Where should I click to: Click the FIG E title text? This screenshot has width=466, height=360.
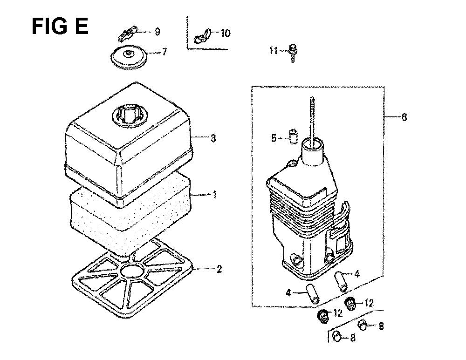(60, 26)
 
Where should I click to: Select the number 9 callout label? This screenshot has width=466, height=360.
(158, 31)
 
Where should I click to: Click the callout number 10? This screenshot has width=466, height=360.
(226, 33)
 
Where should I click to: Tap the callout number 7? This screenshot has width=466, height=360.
(164, 52)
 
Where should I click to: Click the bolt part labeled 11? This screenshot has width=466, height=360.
(293, 53)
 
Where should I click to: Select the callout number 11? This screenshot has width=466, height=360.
(274, 51)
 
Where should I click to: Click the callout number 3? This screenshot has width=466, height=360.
(213, 138)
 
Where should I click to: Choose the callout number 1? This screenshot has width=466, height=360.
(214, 195)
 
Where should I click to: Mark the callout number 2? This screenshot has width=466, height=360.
(219, 269)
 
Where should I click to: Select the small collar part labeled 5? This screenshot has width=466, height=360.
(293, 136)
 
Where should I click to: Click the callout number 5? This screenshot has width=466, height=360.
(274, 138)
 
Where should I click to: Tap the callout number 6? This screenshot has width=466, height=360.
(404, 117)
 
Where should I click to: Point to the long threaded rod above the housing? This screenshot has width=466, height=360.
(312, 121)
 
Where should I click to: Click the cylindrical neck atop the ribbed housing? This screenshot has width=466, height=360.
(313, 151)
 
